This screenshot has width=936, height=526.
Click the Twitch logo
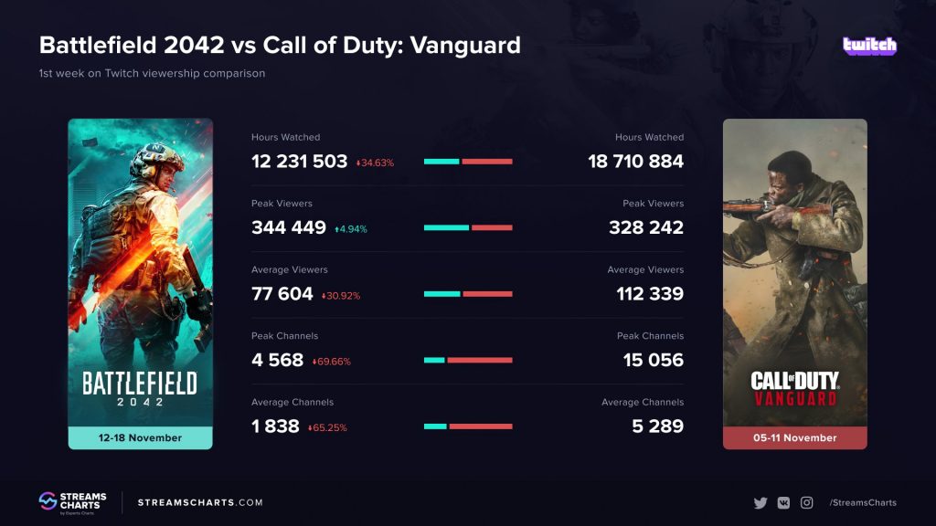click(x=869, y=45)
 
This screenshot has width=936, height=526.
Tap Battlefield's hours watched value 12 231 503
click(x=299, y=162)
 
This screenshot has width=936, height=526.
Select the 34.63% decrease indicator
click(x=375, y=163)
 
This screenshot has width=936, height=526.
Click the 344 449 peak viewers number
click(x=289, y=228)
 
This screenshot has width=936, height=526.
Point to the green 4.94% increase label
click(x=350, y=229)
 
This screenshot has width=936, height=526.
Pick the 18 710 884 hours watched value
click(x=635, y=162)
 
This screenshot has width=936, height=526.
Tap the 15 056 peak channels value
click(x=653, y=360)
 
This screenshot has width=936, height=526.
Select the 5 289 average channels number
click(x=657, y=426)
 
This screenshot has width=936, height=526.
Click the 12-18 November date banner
click(x=140, y=437)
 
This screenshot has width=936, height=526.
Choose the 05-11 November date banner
click(x=794, y=437)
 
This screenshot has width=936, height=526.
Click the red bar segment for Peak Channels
click(x=479, y=360)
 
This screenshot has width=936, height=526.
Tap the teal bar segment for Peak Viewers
click(x=446, y=227)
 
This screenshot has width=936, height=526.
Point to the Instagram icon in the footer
click(x=806, y=502)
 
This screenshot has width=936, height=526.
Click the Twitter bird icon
click(x=760, y=502)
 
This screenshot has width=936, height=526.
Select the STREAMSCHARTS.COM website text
click(x=200, y=502)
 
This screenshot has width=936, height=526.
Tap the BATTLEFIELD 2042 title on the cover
click(x=140, y=388)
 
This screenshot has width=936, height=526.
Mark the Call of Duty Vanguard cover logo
click(x=794, y=388)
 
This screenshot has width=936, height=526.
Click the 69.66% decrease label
click(x=332, y=362)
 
